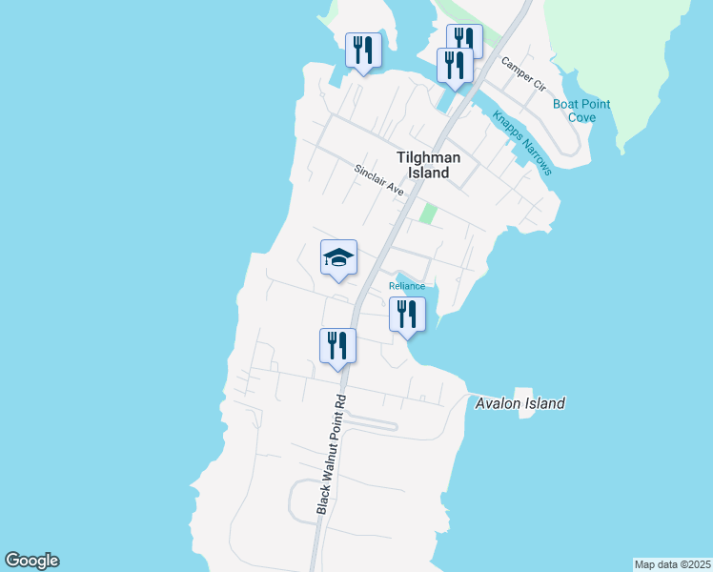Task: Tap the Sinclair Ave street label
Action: pos(379,180)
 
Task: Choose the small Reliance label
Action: pos(406,286)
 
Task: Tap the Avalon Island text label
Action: pos(519,403)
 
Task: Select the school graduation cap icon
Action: pos(338,258)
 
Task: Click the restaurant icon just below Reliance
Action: pos(407,315)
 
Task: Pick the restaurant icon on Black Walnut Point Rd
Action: pos(337,347)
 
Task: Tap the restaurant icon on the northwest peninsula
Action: pos(363,50)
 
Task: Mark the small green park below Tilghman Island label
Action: pos(429,214)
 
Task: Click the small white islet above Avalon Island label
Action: pos(522,394)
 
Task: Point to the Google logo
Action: pos(31,561)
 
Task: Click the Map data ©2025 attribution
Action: pos(673,564)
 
